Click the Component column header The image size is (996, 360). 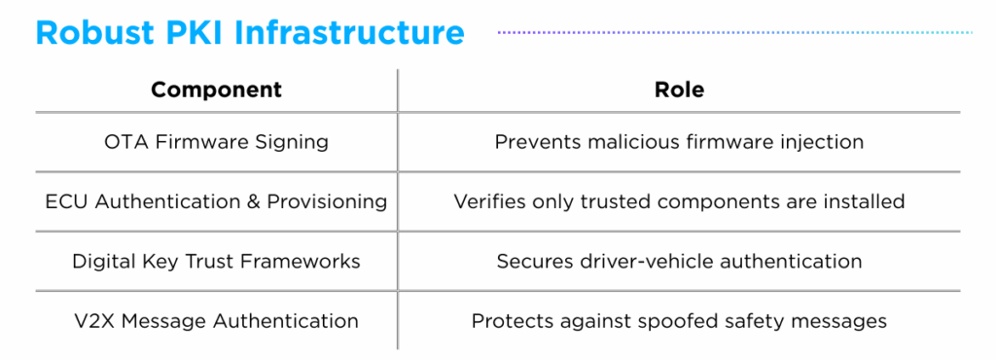(216, 90)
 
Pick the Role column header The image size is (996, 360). (679, 90)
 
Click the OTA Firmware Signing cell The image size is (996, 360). (216, 142)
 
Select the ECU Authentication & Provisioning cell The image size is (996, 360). (216, 202)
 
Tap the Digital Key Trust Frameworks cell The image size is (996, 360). (216, 261)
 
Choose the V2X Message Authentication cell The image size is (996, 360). (216, 320)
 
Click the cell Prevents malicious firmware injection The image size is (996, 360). (679, 142)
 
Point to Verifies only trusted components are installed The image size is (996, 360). (679, 202)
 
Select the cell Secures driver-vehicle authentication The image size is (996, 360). (679, 261)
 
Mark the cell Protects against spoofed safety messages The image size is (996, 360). (679, 320)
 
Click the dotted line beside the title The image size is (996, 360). (734, 32)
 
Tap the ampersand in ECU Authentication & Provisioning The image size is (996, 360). (253, 202)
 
